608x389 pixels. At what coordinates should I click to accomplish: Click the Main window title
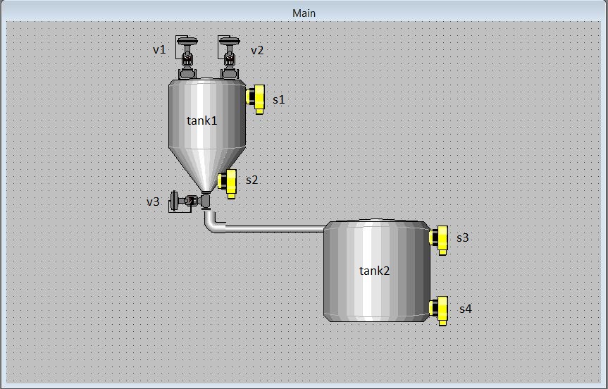coord(304,13)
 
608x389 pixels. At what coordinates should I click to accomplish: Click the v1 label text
coord(159,50)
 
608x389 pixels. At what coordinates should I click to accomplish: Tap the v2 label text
coord(257,50)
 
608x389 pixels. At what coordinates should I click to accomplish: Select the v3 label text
coord(153,202)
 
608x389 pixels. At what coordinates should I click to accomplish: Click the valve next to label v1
coord(187,56)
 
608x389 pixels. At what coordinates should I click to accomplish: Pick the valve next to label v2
coord(229,56)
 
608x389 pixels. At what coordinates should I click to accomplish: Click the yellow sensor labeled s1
coord(256,98)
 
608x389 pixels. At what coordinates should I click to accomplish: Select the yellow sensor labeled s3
coord(440,239)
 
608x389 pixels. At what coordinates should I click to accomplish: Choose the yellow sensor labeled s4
coord(440,309)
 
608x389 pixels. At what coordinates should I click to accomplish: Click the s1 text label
coord(279,100)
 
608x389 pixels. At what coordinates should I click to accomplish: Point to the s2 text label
coord(252,180)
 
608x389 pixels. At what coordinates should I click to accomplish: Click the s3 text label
coord(462,238)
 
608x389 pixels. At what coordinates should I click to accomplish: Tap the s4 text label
coord(465,309)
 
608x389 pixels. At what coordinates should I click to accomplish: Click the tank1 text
coord(201,121)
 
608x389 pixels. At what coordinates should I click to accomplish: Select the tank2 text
coord(374,271)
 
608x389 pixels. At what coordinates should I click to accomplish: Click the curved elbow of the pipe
coord(213,224)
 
